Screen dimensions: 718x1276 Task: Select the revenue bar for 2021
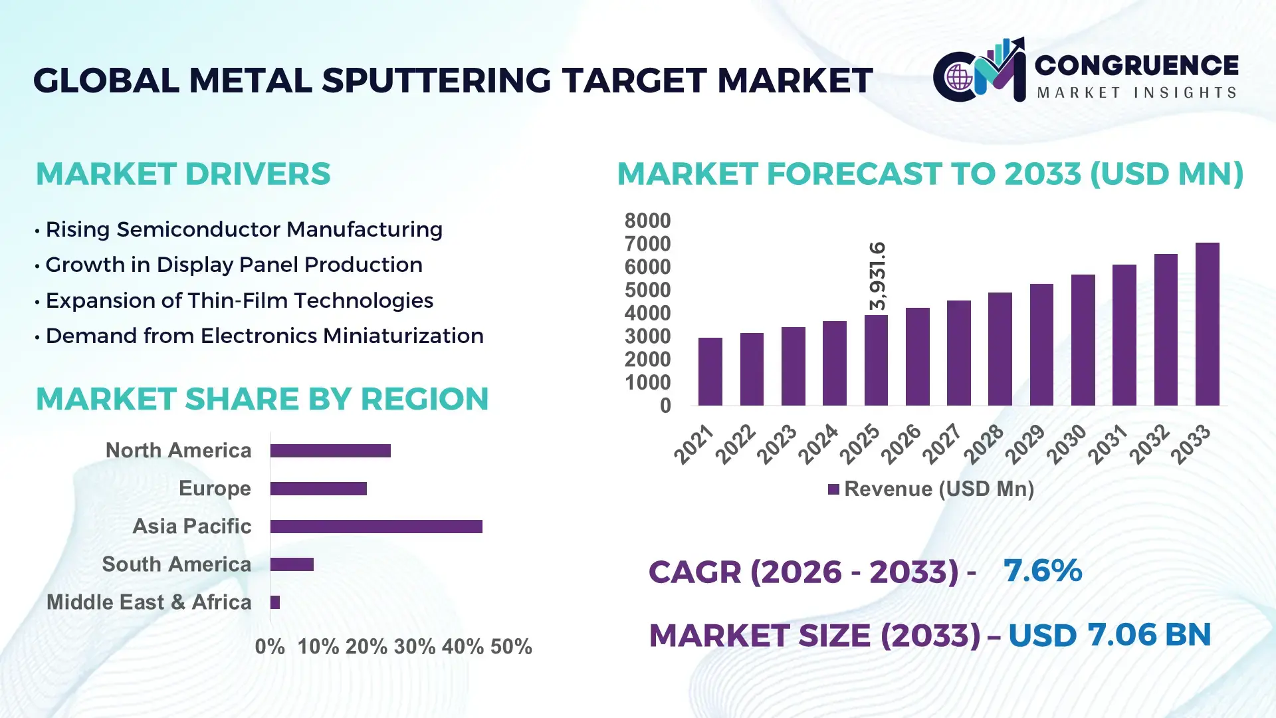(x=710, y=372)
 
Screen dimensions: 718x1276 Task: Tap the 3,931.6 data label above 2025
(x=877, y=276)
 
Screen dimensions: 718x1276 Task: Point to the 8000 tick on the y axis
(x=647, y=221)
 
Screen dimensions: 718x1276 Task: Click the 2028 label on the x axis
(x=984, y=443)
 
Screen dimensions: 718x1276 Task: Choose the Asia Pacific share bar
(x=376, y=527)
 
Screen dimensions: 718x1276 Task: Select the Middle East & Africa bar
(x=275, y=602)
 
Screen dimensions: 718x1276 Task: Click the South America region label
(x=177, y=564)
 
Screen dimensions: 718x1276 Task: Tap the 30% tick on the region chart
(x=415, y=646)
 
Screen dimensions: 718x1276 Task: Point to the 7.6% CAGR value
(x=1042, y=570)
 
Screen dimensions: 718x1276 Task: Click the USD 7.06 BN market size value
(x=1109, y=635)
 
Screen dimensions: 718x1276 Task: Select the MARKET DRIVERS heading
(x=183, y=174)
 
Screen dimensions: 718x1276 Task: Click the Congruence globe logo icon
(x=959, y=77)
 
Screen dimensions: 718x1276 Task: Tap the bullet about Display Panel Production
(x=233, y=265)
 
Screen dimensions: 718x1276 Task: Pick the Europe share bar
(x=318, y=489)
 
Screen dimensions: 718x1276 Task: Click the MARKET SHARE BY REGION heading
(x=262, y=399)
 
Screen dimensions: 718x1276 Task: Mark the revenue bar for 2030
(x=1083, y=340)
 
